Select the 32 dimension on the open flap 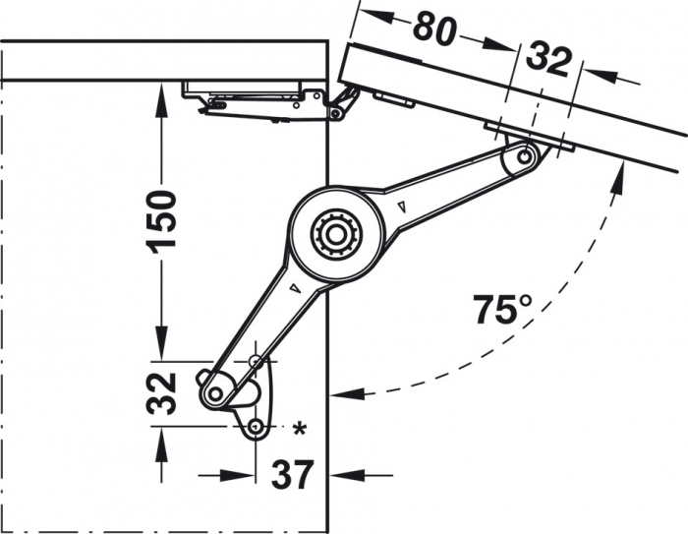click(x=547, y=61)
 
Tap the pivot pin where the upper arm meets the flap click(x=528, y=155)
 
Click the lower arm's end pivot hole click(x=212, y=392)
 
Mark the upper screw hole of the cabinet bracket click(x=257, y=362)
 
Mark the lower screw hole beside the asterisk click(x=256, y=427)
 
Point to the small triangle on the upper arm click(x=404, y=206)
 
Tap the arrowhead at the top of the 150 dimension click(x=160, y=93)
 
